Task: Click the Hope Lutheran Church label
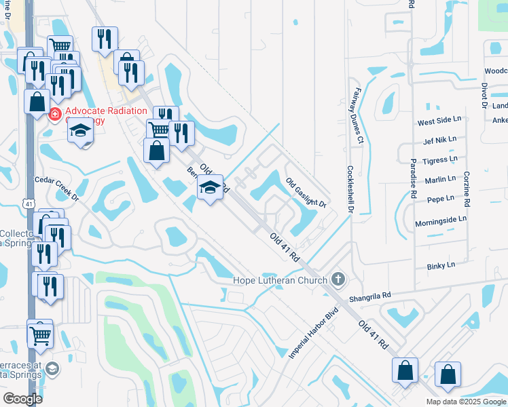click(x=280, y=279)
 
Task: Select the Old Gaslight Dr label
click(x=306, y=193)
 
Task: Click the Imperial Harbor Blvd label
click(x=313, y=335)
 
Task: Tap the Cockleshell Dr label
click(x=351, y=190)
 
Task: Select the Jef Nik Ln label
click(x=439, y=140)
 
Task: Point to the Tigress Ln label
click(x=439, y=160)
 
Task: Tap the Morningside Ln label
click(x=442, y=219)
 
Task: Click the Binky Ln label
click(x=441, y=266)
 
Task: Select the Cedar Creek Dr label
click(x=57, y=180)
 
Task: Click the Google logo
click(x=22, y=398)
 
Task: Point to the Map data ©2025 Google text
click(x=465, y=402)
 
